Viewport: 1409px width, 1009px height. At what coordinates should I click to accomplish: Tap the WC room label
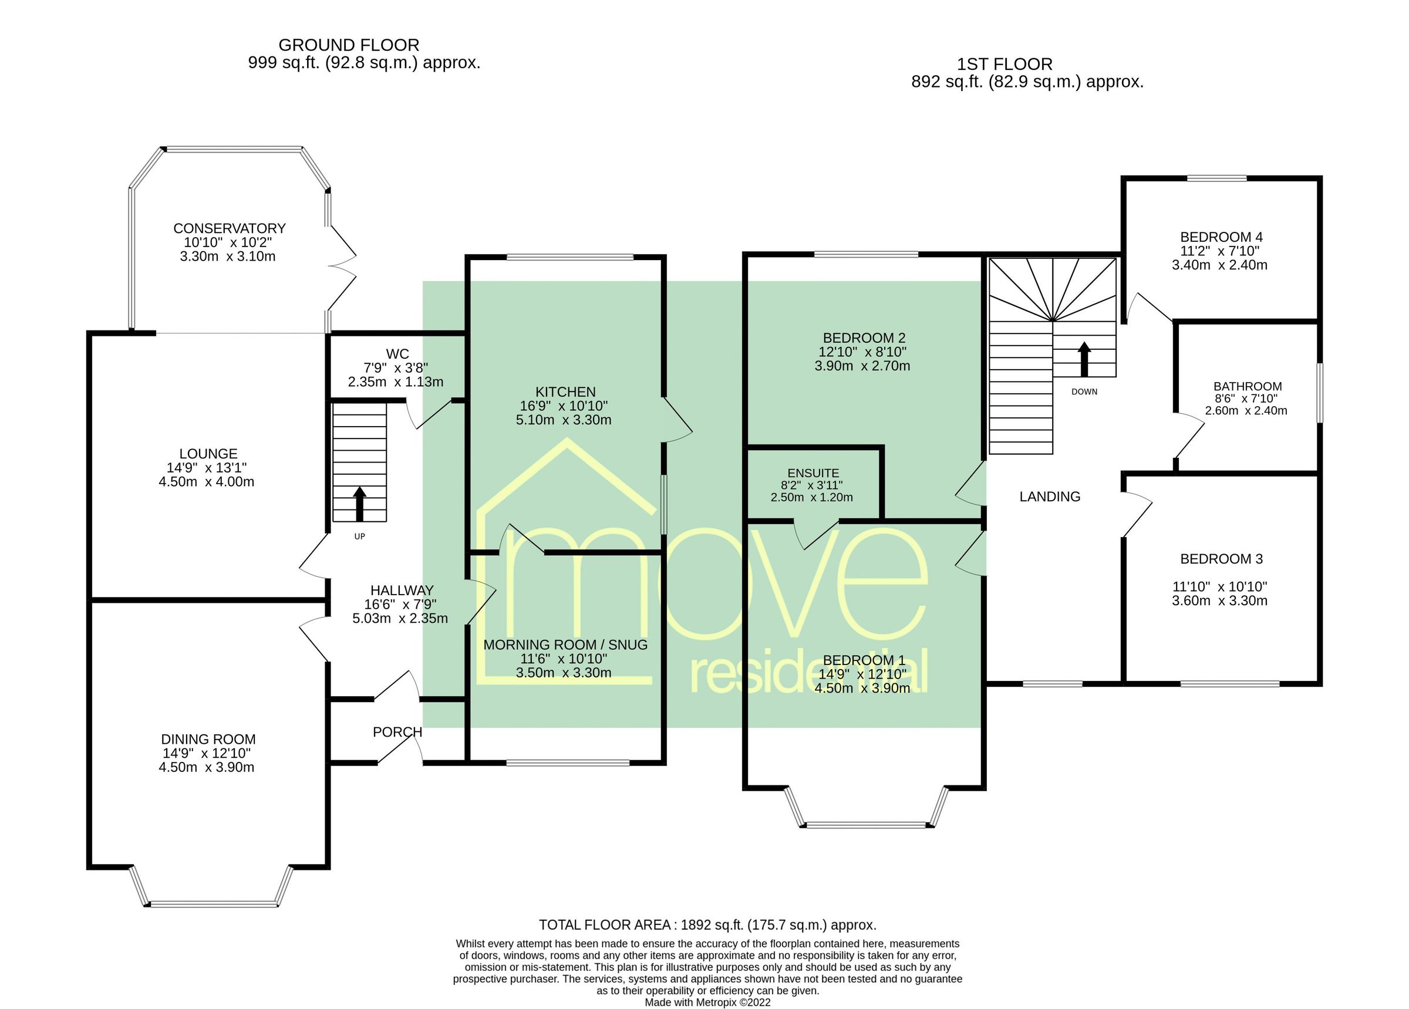click(x=397, y=353)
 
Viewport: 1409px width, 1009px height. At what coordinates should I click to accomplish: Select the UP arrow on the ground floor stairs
click(x=360, y=504)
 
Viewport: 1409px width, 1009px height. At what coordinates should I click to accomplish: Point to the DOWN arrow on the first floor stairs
click(x=1084, y=359)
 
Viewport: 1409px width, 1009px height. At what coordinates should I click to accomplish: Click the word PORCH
click(x=397, y=732)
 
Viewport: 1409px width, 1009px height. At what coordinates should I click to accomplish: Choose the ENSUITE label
click(x=813, y=473)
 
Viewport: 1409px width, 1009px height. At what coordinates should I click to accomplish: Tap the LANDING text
click(x=1049, y=497)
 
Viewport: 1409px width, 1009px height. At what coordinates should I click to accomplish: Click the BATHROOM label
click(x=1248, y=386)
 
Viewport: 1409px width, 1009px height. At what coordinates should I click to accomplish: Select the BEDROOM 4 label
click(x=1221, y=237)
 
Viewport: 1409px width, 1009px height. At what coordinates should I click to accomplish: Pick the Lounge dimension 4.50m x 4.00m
click(x=206, y=481)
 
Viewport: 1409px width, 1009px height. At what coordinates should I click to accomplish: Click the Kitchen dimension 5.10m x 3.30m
click(x=564, y=420)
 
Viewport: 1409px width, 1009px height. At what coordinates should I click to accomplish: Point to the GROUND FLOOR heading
click(x=349, y=45)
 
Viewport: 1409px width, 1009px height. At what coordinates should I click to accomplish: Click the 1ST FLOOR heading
click(x=1004, y=64)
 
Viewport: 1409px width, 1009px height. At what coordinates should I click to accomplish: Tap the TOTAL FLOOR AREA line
click(x=707, y=924)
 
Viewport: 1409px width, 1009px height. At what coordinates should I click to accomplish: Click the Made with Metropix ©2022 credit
click(x=707, y=1002)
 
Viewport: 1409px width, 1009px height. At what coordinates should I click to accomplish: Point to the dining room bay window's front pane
click(x=213, y=904)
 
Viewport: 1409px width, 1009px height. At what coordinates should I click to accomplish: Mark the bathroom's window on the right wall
click(x=1320, y=393)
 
